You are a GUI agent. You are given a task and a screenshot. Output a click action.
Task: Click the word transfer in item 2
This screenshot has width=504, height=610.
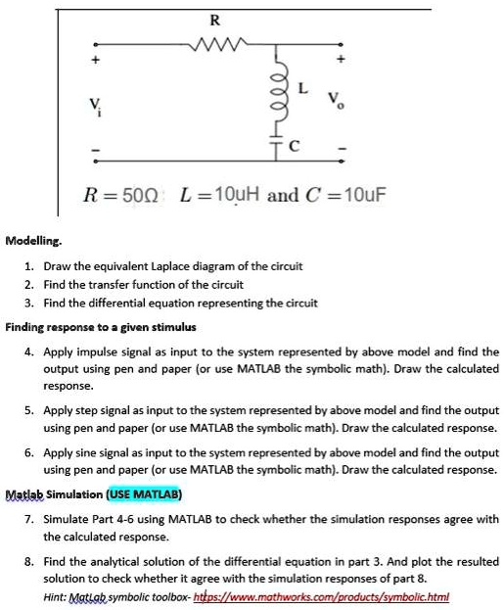(119, 284)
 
